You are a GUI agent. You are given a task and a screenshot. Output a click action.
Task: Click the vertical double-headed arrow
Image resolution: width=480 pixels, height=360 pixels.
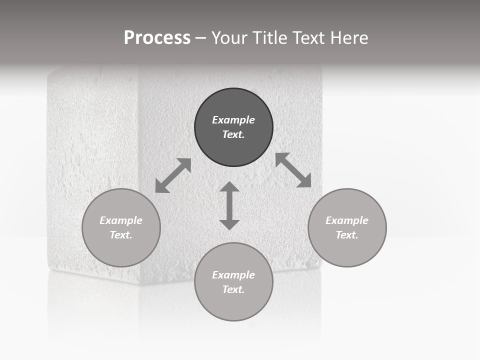(x=229, y=205)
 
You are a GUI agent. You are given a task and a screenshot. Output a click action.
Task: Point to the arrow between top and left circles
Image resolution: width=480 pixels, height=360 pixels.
(x=173, y=175)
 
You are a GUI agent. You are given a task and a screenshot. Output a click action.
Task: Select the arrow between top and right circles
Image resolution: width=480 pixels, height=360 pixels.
(x=293, y=170)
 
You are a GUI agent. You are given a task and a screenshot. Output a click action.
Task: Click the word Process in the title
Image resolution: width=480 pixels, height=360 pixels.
(x=157, y=38)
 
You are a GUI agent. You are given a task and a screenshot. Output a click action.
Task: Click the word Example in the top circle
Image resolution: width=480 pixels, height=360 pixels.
(x=233, y=120)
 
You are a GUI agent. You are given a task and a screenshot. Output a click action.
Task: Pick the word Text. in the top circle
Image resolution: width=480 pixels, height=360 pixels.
(x=233, y=134)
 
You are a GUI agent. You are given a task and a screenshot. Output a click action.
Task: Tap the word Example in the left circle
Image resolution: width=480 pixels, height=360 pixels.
(x=121, y=220)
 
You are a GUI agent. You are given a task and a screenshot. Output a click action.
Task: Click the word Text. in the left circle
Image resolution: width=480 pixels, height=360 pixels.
(x=121, y=235)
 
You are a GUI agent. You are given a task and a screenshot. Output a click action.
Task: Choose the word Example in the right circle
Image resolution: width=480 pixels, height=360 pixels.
(x=347, y=220)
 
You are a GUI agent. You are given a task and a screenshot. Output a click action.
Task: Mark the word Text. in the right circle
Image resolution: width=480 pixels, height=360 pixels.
(x=347, y=235)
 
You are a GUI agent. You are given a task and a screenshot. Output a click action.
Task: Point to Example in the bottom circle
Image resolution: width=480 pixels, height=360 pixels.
(x=233, y=275)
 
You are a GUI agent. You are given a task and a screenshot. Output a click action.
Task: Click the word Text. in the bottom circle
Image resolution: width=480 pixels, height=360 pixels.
(x=233, y=289)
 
